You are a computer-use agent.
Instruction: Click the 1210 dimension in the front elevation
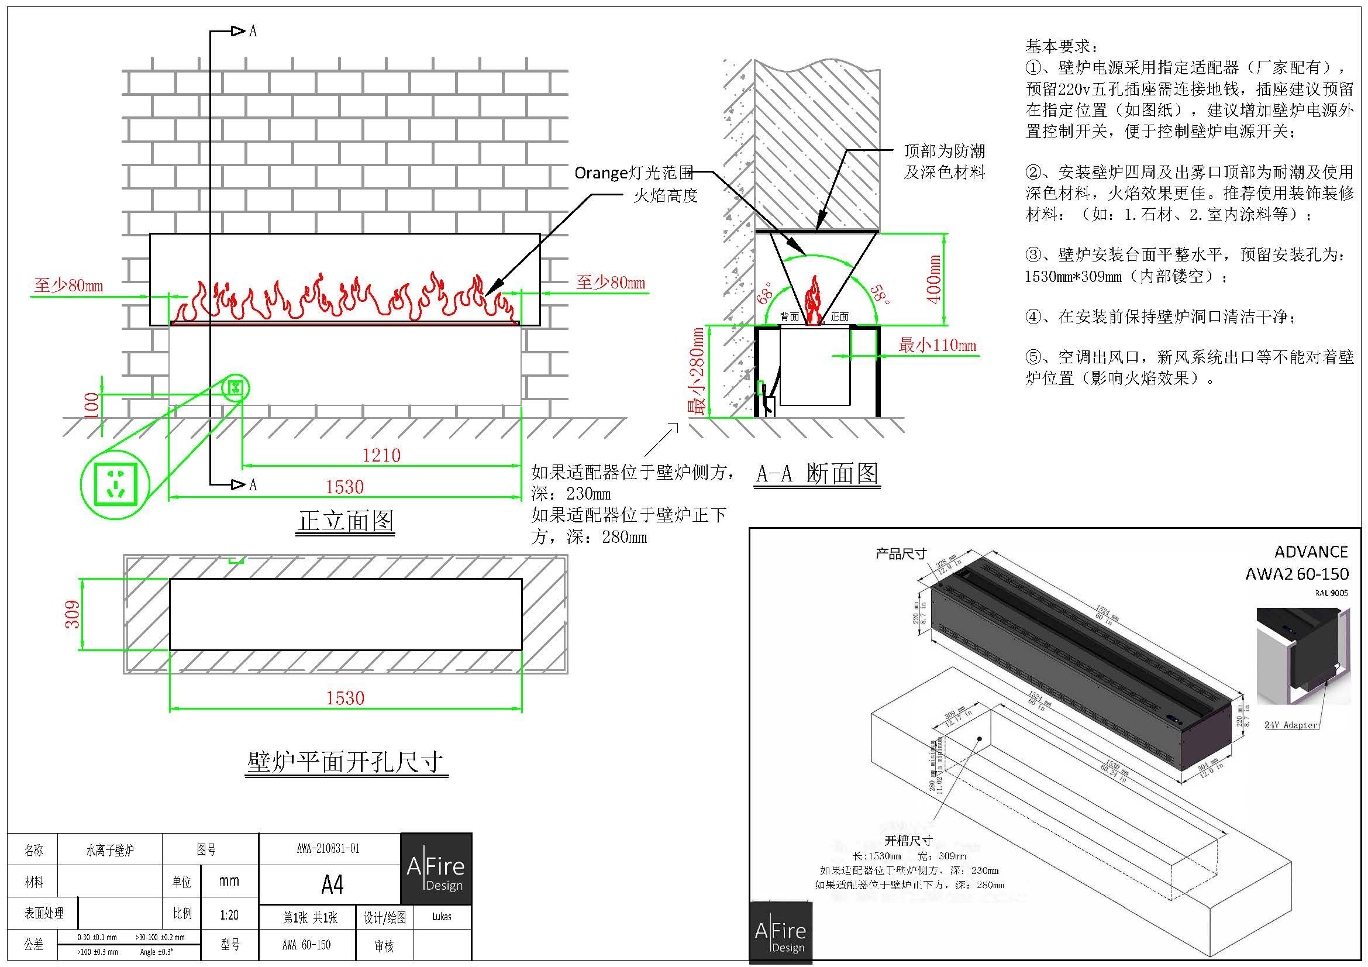(381, 455)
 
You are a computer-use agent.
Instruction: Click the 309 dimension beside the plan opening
(72, 614)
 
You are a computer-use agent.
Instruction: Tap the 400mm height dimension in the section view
(935, 279)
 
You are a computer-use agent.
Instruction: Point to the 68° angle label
(766, 292)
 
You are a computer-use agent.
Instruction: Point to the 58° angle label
(880, 295)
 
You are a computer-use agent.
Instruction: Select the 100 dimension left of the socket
(91, 405)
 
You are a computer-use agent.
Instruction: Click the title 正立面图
(346, 521)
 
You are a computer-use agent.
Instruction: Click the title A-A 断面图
(817, 474)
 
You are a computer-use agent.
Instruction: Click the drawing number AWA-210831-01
(328, 848)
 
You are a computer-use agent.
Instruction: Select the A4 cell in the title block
(332, 885)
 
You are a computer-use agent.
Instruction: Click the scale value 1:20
(229, 914)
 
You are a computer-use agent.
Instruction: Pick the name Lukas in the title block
(442, 916)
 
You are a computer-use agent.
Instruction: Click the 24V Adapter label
(1291, 725)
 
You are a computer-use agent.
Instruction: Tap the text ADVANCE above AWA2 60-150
(1311, 552)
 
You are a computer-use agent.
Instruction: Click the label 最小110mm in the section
(937, 345)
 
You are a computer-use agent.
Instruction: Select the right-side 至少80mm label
(610, 283)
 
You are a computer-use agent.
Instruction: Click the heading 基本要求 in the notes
(1061, 46)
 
